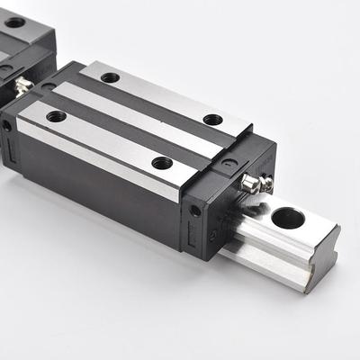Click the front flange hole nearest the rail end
tap(162, 163)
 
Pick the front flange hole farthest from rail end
tap(56, 115)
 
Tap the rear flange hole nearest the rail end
tap(212, 119)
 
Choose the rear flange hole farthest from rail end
tap(110, 77)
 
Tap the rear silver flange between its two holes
tap(162, 98)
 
